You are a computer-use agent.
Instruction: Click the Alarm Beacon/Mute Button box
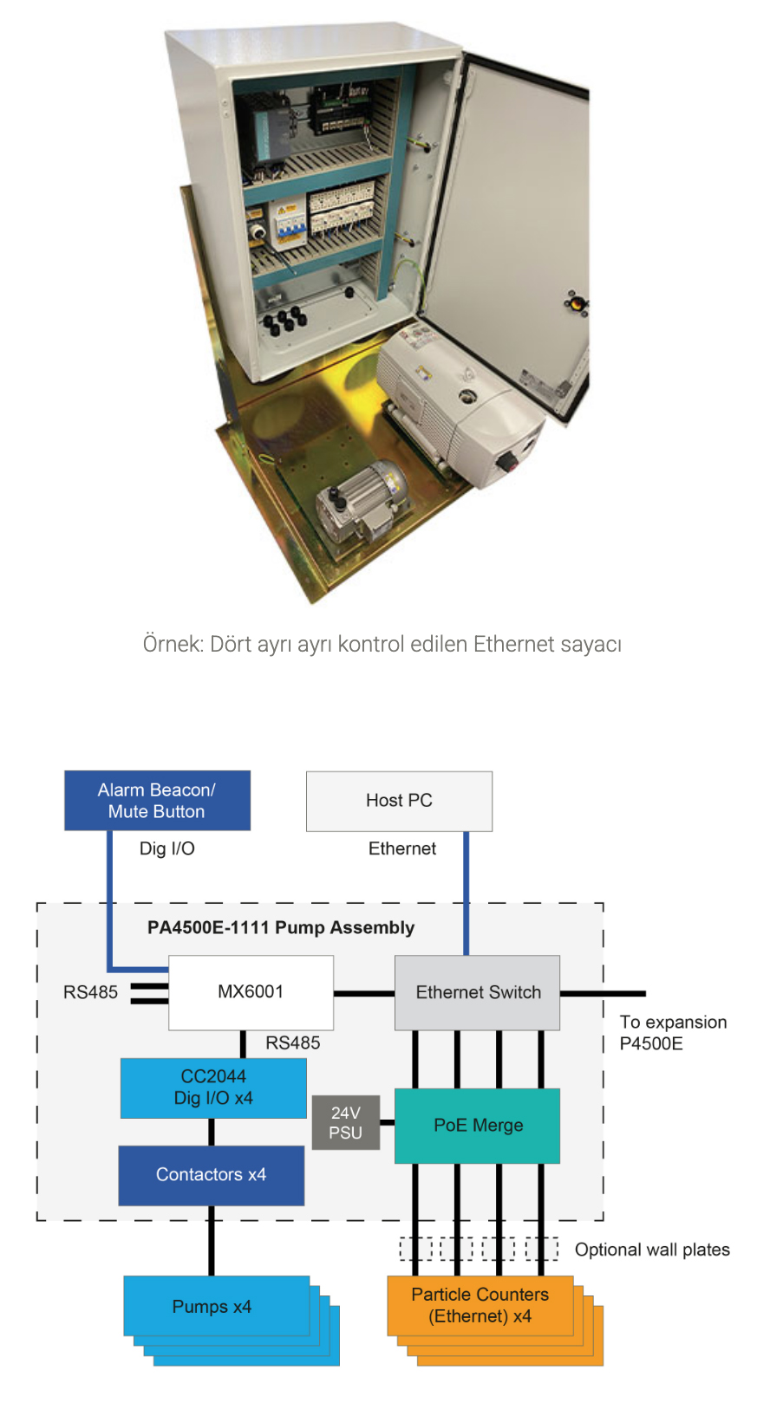pos(157,801)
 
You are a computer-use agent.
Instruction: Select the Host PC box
pos(399,801)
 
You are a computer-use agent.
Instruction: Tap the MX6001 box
pos(251,992)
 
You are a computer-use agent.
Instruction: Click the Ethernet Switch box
pos(478,993)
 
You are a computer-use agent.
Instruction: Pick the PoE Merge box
pos(478,1126)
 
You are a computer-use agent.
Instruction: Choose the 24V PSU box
pos(345,1123)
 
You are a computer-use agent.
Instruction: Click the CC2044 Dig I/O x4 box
pos(213,1088)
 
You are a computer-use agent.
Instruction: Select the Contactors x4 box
pos(211,1175)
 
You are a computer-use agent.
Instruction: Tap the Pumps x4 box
pos(212,1307)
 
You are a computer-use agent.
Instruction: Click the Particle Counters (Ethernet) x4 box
pos(480,1306)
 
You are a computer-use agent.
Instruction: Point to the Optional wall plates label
pos(652,1250)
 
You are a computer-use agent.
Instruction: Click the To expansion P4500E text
pos(673,1033)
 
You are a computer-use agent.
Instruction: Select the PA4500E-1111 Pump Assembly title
pos(281,928)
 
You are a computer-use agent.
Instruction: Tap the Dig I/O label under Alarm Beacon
pos(167,849)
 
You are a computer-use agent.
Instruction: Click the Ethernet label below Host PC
pos(402,849)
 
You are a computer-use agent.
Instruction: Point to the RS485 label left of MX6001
pos(90,992)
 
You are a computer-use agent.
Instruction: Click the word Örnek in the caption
pos(171,645)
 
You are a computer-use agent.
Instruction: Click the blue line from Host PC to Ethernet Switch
pos(467,893)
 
